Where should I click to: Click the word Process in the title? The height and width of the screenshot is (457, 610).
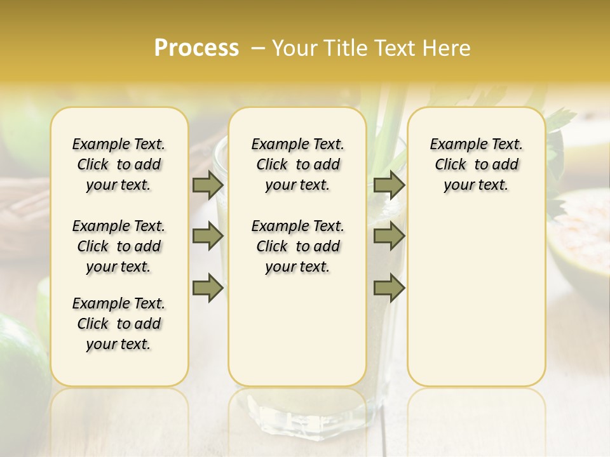pos(196,48)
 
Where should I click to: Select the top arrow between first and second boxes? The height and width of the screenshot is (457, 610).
pos(208,185)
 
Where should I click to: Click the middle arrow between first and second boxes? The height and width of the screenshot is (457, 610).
pos(208,236)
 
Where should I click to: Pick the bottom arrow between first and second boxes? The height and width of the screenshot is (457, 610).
pos(208,288)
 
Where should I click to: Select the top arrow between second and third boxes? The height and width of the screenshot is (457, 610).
pos(389,185)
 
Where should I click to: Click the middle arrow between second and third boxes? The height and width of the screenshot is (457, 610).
pos(389,236)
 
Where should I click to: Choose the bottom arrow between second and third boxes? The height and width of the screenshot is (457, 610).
pos(389,288)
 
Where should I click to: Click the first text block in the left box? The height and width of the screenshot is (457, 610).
pos(119,164)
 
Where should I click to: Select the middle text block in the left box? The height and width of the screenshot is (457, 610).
pos(119,246)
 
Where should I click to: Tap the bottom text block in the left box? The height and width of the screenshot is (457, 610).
pos(119,324)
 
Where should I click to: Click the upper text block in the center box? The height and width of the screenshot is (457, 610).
pos(297,164)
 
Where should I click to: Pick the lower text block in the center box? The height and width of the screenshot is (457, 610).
pos(297,246)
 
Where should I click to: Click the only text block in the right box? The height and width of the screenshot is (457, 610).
pos(476,164)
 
